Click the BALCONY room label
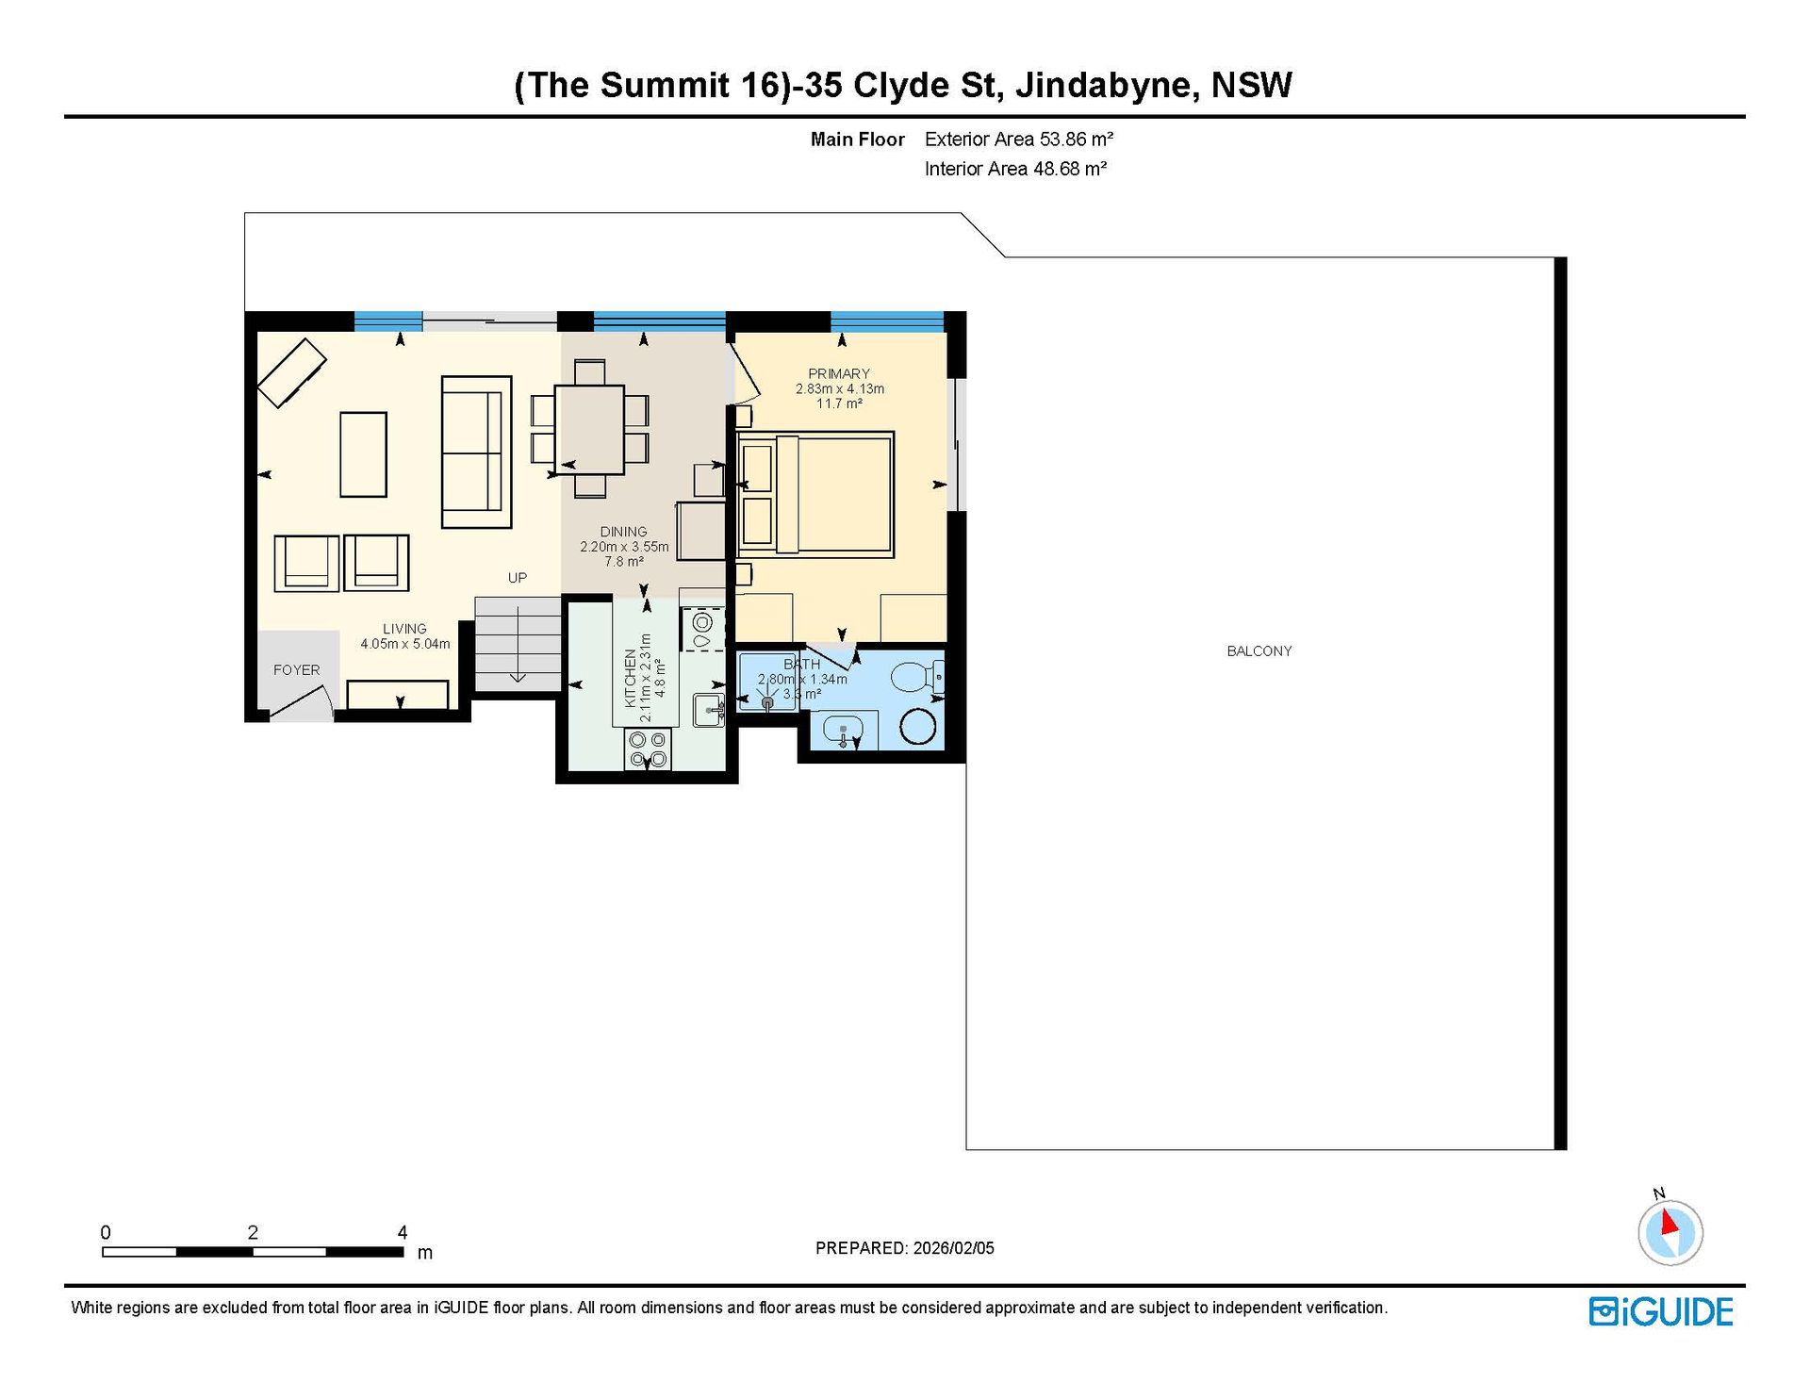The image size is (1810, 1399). [x=1259, y=651]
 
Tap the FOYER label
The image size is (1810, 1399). [x=296, y=670]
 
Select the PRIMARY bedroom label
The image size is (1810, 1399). [x=839, y=373]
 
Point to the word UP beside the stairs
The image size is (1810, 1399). [x=518, y=578]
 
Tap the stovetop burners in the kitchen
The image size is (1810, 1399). [x=648, y=749]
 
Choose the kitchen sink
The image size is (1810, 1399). [x=708, y=710]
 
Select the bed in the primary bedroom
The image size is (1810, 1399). [x=815, y=495]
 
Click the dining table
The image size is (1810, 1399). [x=589, y=430]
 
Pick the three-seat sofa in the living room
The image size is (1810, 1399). [x=476, y=452]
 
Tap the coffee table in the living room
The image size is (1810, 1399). [x=363, y=454]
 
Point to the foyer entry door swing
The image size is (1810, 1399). [x=303, y=703]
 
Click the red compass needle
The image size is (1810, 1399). [x=1670, y=1222]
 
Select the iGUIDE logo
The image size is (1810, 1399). [x=1661, y=1311]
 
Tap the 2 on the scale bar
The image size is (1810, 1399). [x=253, y=1232]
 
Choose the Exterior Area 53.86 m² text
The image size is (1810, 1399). [x=1019, y=140]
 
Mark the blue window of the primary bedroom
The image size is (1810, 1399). [x=887, y=321]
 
